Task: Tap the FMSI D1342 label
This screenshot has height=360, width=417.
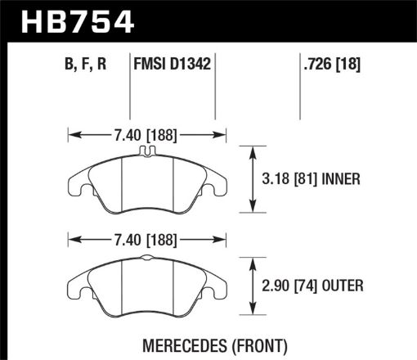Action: point(173,61)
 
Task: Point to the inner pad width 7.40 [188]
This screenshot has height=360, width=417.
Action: point(148,134)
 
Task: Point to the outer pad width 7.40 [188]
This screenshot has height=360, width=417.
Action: point(148,240)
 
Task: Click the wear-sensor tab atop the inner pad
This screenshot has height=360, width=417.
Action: point(147,151)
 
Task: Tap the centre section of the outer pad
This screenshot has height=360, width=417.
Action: point(148,286)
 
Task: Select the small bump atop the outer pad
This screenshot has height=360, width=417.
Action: point(147,258)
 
